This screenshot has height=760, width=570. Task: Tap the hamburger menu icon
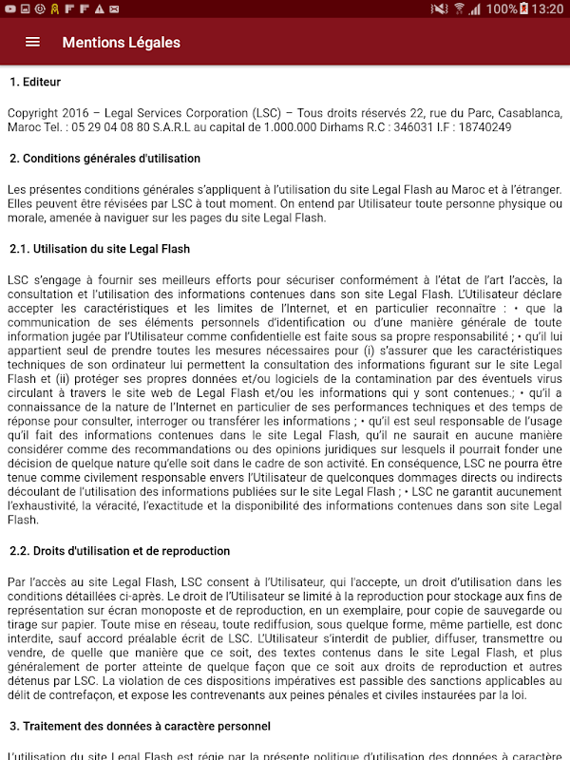pos(32,42)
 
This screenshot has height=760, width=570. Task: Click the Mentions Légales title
pos(121,42)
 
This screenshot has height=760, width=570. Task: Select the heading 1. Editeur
pos(35,82)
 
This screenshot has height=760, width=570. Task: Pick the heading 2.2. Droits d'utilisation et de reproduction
pos(120,551)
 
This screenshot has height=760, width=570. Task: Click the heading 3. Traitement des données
pos(140,726)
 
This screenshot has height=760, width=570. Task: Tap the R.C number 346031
pos(415,127)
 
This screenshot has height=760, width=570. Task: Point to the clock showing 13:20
pos(549,9)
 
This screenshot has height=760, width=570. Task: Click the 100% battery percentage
pos(501,9)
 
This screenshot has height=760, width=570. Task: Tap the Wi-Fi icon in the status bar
pos(459,9)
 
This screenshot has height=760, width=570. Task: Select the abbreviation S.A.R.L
pos(178,127)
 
